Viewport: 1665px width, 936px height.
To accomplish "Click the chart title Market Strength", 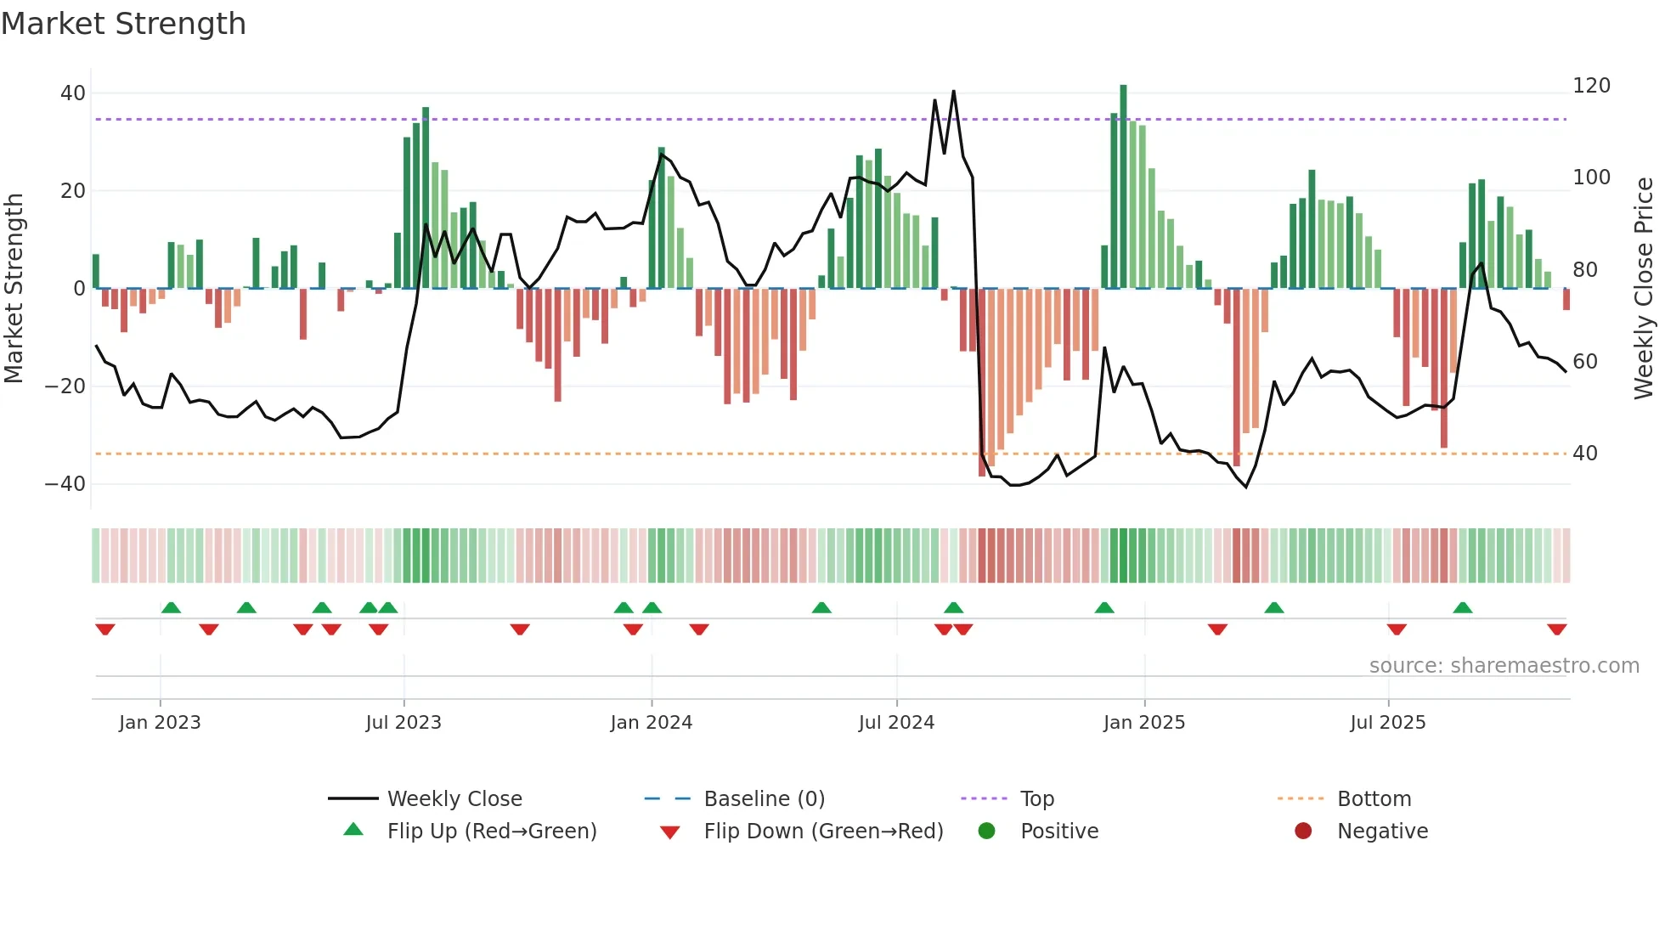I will tap(123, 24).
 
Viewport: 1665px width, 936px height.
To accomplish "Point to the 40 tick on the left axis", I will tap(73, 93).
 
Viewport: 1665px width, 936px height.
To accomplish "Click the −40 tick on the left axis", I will tap(65, 484).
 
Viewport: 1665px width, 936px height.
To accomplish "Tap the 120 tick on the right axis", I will tap(1591, 86).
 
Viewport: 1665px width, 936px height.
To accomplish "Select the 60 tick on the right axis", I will tap(1585, 362).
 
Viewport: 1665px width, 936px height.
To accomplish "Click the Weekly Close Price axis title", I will tap(1644, 289).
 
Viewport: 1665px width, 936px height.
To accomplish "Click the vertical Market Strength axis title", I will tap(14, 289).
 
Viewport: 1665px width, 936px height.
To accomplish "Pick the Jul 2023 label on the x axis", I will tap(404, 723).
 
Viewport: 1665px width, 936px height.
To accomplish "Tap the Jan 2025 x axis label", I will tap(1143, 723).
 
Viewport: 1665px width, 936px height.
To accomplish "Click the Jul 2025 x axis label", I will tap(1387, 723).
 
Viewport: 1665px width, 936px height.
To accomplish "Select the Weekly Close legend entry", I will tap(454, 799).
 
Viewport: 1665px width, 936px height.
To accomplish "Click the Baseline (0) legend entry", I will tap(764, 799).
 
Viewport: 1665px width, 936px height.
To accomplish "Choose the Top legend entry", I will tap(1036, 799).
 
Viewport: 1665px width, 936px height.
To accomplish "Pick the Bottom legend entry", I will tap(1374, 799).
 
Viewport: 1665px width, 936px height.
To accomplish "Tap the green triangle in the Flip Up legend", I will tap(353, 830).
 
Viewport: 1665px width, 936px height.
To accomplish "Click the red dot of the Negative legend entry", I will tap(1303, 831).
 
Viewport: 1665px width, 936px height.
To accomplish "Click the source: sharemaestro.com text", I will tap(1504, 666).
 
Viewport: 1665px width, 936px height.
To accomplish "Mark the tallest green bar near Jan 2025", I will tap(1123, 187).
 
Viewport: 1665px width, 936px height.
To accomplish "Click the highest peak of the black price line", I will tap(953, 92).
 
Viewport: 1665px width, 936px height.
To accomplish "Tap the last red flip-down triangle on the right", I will tap(1556, 629).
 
